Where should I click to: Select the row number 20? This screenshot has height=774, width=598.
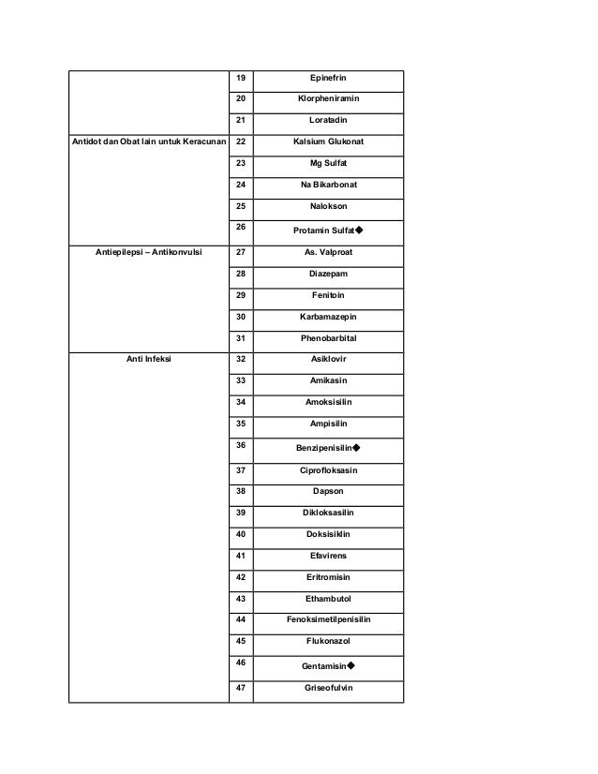(240, 98)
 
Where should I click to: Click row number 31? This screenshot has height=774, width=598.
(240, 338)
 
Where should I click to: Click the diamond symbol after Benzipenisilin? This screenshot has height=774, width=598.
(358, 449)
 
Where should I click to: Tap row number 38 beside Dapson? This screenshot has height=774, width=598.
(240, 490)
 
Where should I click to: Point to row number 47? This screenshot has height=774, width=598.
(240, 687)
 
